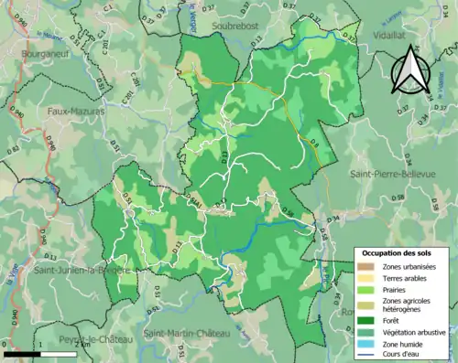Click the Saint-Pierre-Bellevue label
pyautogui.click(x=390, y=173)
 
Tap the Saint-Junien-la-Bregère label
pyautogui.click(x=81, y=272)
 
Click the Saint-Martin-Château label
pyautogui.click(x=189, y=333)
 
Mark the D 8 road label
pyautogui.click(x=312, y=143)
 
